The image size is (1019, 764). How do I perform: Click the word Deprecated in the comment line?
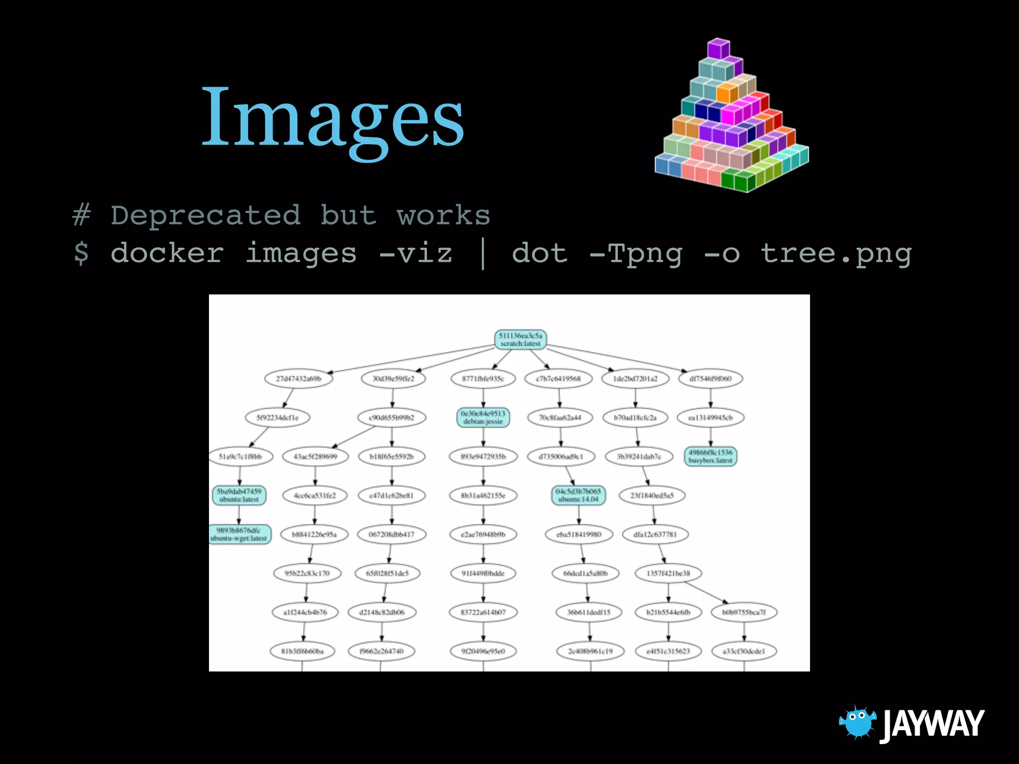point(205,215)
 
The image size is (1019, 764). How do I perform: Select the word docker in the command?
point(167,253)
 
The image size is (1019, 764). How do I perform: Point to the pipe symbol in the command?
point(482,253)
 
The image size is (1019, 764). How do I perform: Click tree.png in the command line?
point(836,253)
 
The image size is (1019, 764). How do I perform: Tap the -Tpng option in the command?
point(635,253)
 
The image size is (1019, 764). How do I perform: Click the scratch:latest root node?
point(520,339)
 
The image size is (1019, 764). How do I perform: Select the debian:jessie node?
point(483,417)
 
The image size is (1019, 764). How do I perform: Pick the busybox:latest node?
point(711,456)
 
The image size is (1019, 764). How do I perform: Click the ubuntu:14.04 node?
point(578,495)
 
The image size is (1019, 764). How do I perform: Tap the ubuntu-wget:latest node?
point(239,534)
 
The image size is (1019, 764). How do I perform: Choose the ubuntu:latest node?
point(239,495)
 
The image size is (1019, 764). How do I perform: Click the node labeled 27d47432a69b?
point(298,379)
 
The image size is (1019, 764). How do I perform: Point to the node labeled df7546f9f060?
point(711,379)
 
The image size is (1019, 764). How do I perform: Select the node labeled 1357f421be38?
point(668,573)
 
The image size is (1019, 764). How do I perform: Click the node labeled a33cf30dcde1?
point(744,651)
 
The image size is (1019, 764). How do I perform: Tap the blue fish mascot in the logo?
point(857,722)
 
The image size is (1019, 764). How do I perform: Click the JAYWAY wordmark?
point(933,724)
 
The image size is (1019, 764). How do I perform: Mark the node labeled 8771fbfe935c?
point(483,379)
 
